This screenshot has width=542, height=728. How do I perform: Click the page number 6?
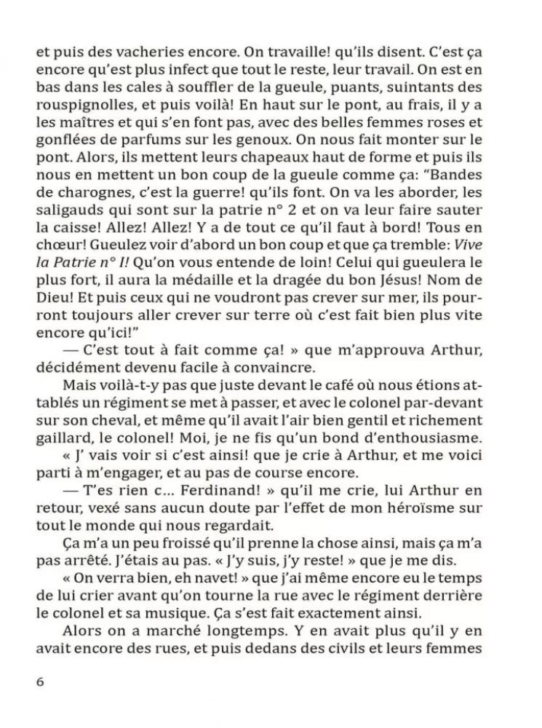(x=39, y=681)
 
